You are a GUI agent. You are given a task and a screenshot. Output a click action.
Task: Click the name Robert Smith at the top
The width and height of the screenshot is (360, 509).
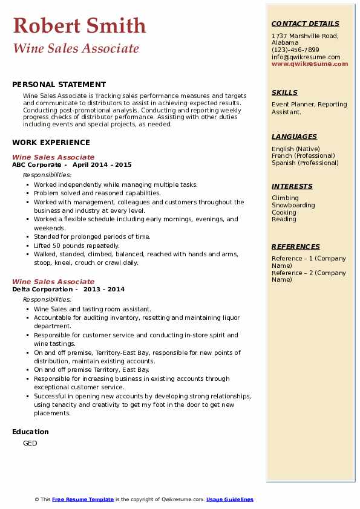pyautogui.click(x=79, y=25)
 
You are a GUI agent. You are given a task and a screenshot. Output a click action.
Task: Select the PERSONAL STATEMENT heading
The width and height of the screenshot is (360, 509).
pyautogui.click(x=59, y=85)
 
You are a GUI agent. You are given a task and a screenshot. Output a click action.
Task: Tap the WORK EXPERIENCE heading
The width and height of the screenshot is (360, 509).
pyautogui.click(x=51, y=143)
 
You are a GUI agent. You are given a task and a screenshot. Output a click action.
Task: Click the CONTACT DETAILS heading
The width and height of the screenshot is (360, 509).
pyautogui.click(x=305, y=24)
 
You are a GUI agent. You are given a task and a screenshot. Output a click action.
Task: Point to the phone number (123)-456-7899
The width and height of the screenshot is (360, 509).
pyautogui.click(x=295, y=50)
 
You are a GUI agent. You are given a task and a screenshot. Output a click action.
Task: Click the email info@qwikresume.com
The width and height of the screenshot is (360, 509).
pyautogui.click(x=306, y=57)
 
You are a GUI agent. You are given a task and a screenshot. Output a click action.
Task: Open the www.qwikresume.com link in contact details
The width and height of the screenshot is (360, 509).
pyautogui.click(x=310, y=63)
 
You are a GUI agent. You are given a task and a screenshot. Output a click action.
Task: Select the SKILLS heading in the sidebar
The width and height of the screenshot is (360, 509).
pyautogui.click(x=284, y=92)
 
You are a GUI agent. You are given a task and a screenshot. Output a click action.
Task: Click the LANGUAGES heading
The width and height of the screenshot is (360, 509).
pyautogui.click(x=294, y=137)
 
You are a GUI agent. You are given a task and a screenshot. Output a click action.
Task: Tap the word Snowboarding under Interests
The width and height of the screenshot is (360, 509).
pyautogui.click(x=293, y=205)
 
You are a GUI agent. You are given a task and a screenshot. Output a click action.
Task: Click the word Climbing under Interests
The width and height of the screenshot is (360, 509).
pyautogui.click(x=285, y=198)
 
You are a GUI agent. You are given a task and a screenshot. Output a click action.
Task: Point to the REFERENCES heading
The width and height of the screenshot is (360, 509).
pyautogui.click(x=296, y=247)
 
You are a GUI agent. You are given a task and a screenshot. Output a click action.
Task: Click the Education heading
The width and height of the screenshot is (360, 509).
pyautogui.click(x=30, y=432)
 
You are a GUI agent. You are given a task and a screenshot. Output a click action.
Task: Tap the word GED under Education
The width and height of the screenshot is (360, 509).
pyautogui.click(x=30, y=443)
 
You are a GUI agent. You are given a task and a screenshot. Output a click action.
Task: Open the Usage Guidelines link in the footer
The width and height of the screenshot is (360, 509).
pyautogui.click(x=230, y=499)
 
